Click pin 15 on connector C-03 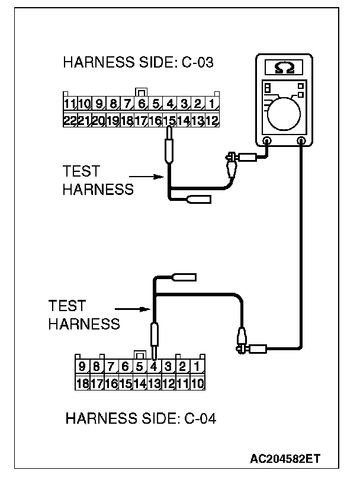169,120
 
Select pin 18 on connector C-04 82,382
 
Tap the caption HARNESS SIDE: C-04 141,419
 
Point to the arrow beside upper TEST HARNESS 145,177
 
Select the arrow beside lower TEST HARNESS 130,309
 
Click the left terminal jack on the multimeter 267,142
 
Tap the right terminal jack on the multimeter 302,142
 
